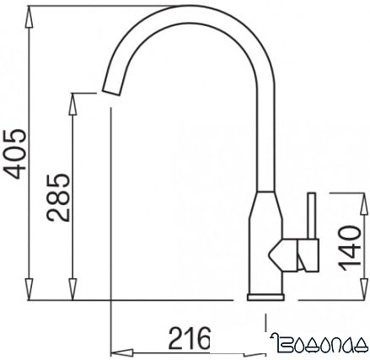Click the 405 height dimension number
click(x=15, y=154)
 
